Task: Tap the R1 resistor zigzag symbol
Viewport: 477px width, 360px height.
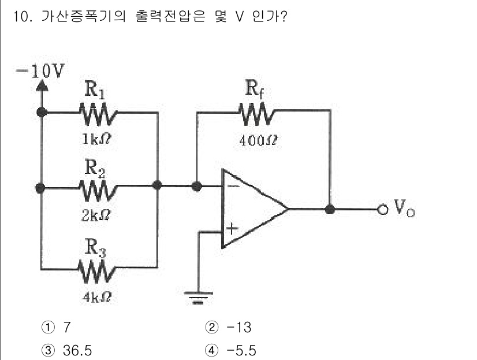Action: click(99, 112)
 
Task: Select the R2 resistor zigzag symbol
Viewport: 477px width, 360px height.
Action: click(99, 187)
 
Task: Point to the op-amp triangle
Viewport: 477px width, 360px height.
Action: click(251, 209)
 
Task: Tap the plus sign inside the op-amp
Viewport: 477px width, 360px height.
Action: click(232, 229)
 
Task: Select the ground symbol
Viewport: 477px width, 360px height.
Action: click(198, 298)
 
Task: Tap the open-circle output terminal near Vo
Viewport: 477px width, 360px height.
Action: click(382, 209)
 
